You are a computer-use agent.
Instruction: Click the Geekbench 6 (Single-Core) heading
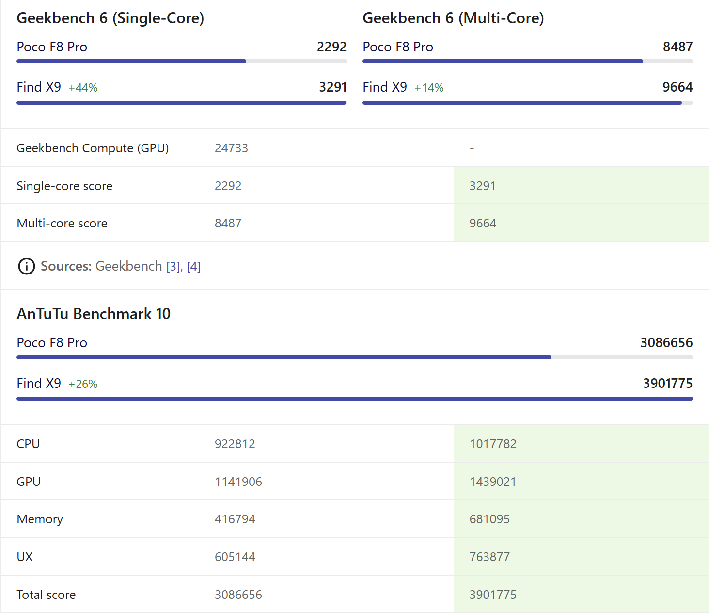(110, 18)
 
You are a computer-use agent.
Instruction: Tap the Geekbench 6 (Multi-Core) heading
(453, 18)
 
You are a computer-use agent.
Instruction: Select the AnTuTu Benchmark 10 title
(94, 314)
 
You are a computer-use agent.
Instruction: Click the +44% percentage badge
(83, 88)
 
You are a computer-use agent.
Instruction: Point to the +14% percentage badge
(429, 88)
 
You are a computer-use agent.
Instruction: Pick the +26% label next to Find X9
(83, 384)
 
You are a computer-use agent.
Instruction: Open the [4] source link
(194, 266)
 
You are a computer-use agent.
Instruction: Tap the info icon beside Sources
(26, 266)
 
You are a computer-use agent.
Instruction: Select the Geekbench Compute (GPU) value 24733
(231, 148)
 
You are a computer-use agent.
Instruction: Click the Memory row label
(40, 519)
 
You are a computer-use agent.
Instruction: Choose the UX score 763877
(489, 557)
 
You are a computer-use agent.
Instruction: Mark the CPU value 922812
(235, 444)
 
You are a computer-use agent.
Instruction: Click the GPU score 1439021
(493, 482)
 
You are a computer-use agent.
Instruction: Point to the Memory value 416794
(235, 519)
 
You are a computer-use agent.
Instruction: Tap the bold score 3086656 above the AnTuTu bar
(666, 342)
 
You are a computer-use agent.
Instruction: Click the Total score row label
(47, 595)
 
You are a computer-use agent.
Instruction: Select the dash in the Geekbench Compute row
(472, 148)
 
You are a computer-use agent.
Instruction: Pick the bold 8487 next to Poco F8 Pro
(677, 47)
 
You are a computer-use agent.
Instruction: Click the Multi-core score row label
(62, 223)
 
